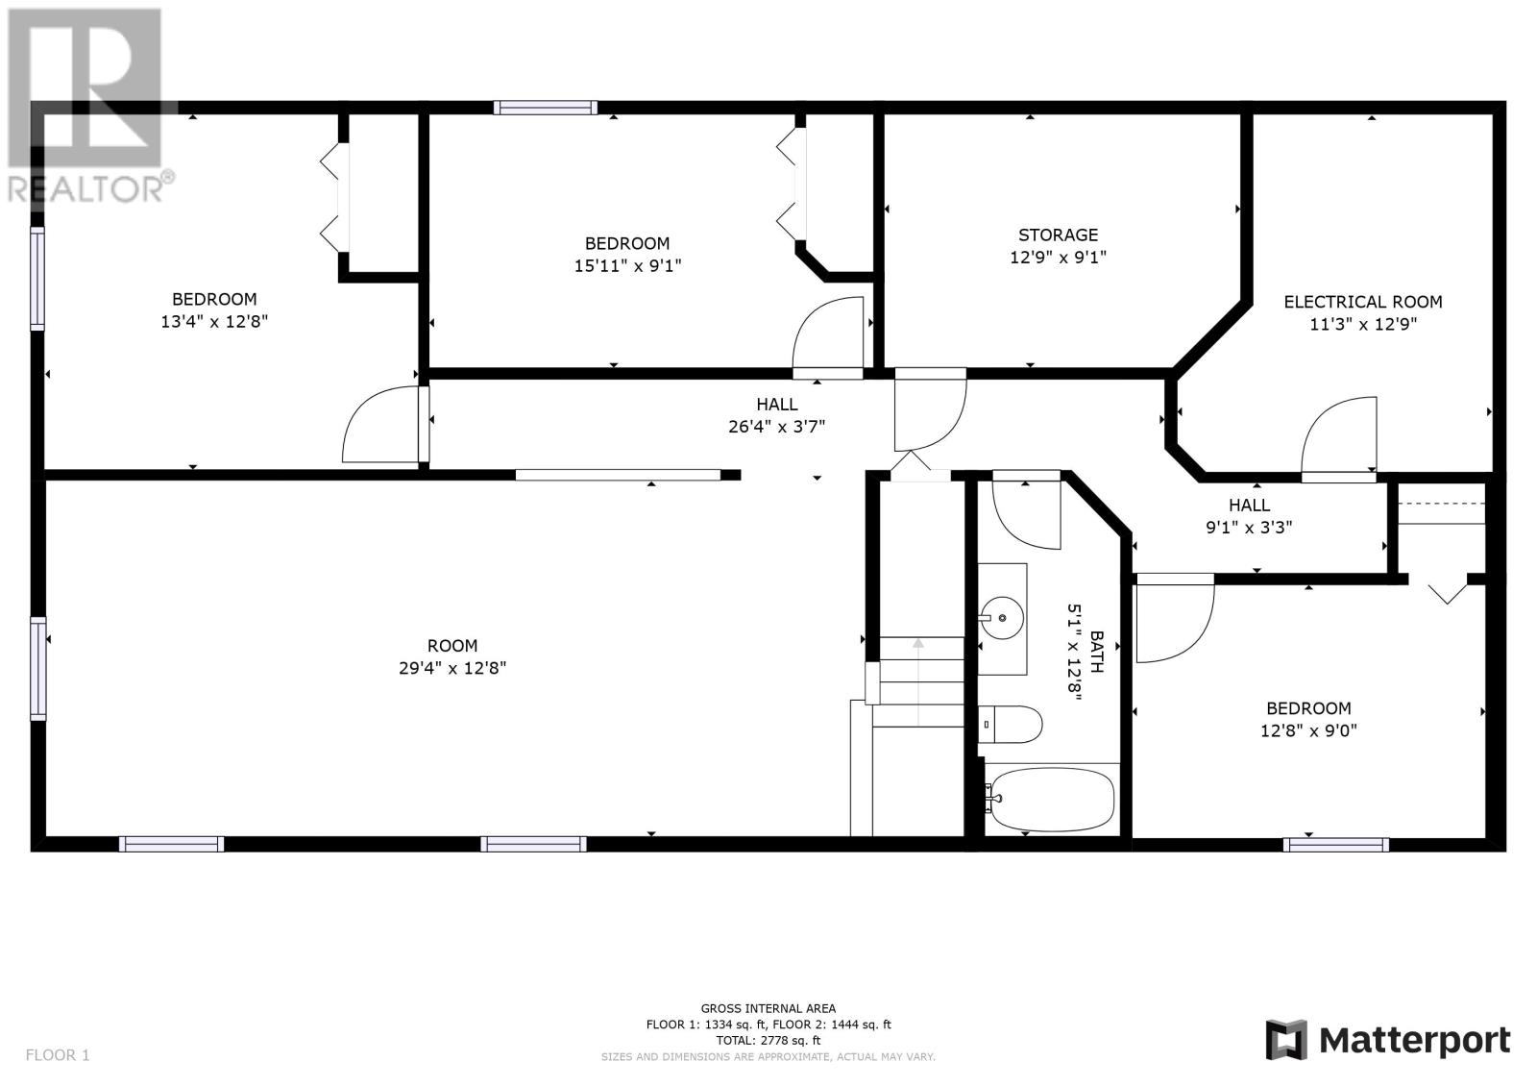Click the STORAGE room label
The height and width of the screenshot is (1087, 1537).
coord(1058,235)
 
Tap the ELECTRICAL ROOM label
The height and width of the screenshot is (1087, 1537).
coord(1363,302)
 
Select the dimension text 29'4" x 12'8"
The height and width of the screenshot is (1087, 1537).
coord(452,667)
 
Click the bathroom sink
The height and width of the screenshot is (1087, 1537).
coord(1002,618)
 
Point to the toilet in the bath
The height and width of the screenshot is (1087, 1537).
coord(1010,725)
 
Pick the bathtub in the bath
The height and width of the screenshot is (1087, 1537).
coord(1050,800)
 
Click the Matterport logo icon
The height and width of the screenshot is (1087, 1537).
coord(1286,1040)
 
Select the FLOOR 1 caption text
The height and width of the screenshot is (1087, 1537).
coord(58,1054)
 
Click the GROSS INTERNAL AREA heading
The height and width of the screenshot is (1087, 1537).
coord(768,1008)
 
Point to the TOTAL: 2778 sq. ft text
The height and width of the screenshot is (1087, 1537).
coord(768,1040)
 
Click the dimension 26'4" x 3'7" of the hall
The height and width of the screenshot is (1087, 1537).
coord(776,427)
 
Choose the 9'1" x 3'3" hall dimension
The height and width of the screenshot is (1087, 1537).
coord(1249,528)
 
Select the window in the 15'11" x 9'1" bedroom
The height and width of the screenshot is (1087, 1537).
coord(546,107)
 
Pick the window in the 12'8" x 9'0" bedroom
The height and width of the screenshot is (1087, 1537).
coord(1335,845)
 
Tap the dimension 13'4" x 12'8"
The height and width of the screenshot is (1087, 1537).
coord(214,321)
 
